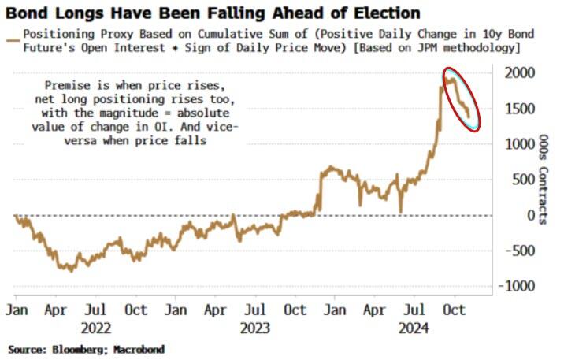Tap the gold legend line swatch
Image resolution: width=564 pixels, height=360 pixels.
13,35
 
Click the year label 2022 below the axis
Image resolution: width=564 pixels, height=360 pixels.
96,328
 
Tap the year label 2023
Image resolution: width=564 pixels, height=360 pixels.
257,328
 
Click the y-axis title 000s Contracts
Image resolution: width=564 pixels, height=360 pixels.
544,179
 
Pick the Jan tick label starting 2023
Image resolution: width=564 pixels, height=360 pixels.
176,310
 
